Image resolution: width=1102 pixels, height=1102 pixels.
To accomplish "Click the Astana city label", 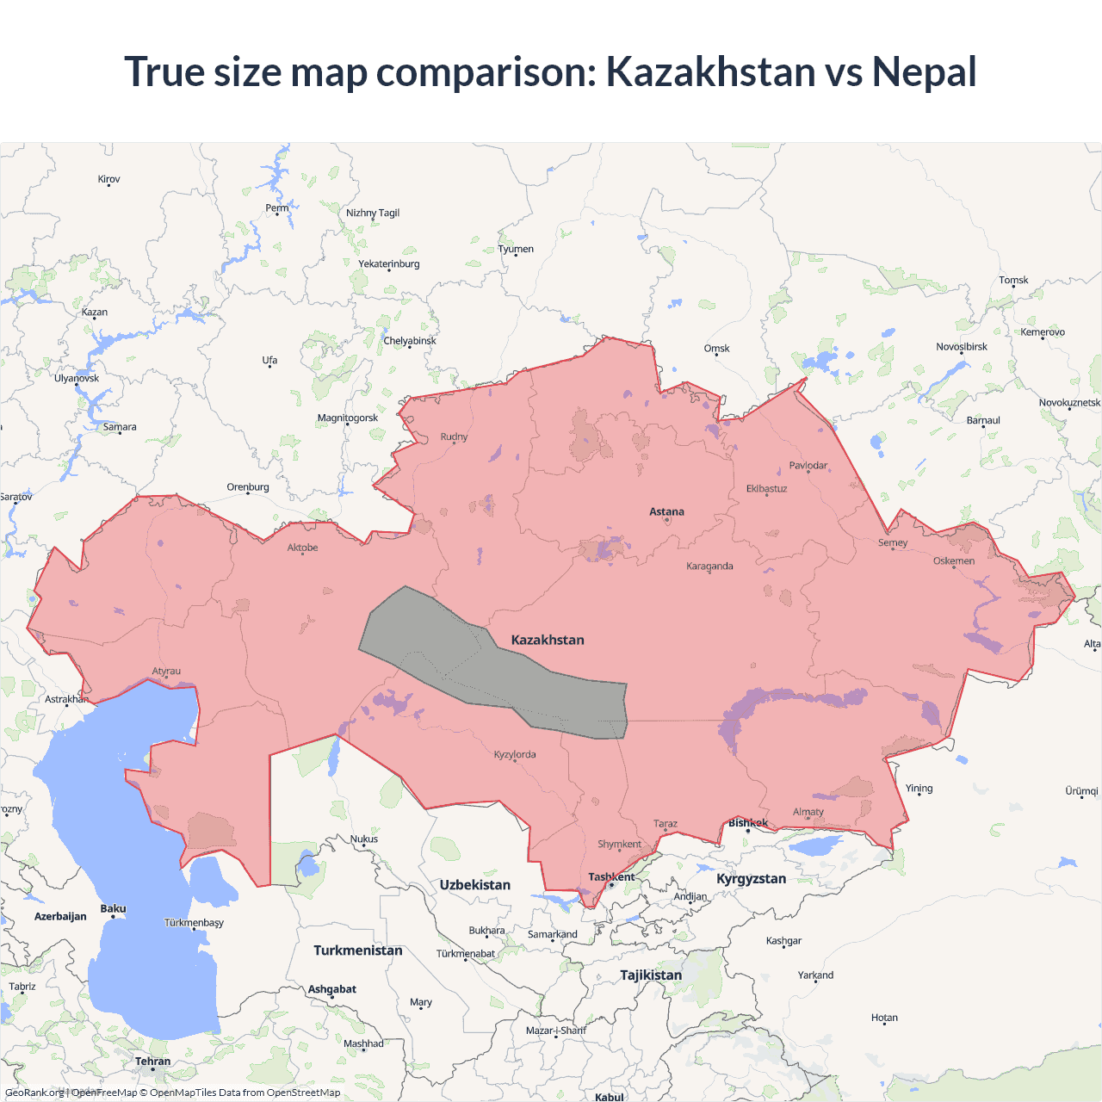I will pos(666,511).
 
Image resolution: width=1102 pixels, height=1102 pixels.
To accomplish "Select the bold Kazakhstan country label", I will pos(548,640).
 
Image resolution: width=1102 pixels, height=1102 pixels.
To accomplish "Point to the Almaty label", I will pos(808,812).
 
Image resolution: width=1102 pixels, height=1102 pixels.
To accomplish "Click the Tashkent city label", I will pos(611,877).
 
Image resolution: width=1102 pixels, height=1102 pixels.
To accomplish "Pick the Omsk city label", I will pos(716,349).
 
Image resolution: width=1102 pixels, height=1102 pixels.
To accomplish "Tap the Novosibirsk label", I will pos(962,347).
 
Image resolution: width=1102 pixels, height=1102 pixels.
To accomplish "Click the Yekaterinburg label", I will pos(389,263).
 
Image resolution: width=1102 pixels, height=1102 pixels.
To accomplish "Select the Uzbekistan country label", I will pos(474,885).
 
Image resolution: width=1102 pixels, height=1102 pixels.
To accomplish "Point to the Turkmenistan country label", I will pos(358,950).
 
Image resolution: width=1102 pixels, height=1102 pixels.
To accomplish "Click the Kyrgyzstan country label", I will pos(751,879).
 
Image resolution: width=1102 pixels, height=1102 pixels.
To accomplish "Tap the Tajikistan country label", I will pos(651,975).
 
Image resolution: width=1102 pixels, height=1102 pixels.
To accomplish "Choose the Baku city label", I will pos(113,908).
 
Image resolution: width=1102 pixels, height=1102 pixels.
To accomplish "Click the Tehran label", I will pos(153,1062).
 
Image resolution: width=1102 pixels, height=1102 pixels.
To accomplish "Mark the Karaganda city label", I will pos(709,566).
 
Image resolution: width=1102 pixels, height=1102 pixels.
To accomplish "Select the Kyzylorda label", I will pos(515,755).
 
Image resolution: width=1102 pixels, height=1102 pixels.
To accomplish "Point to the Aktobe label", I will pos(302,548).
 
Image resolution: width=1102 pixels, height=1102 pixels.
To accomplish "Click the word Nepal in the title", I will pos(924,71).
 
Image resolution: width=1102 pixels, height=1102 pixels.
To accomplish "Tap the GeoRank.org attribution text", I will pos(34,1093).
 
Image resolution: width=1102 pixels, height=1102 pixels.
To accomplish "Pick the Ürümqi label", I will pos(1081,791).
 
